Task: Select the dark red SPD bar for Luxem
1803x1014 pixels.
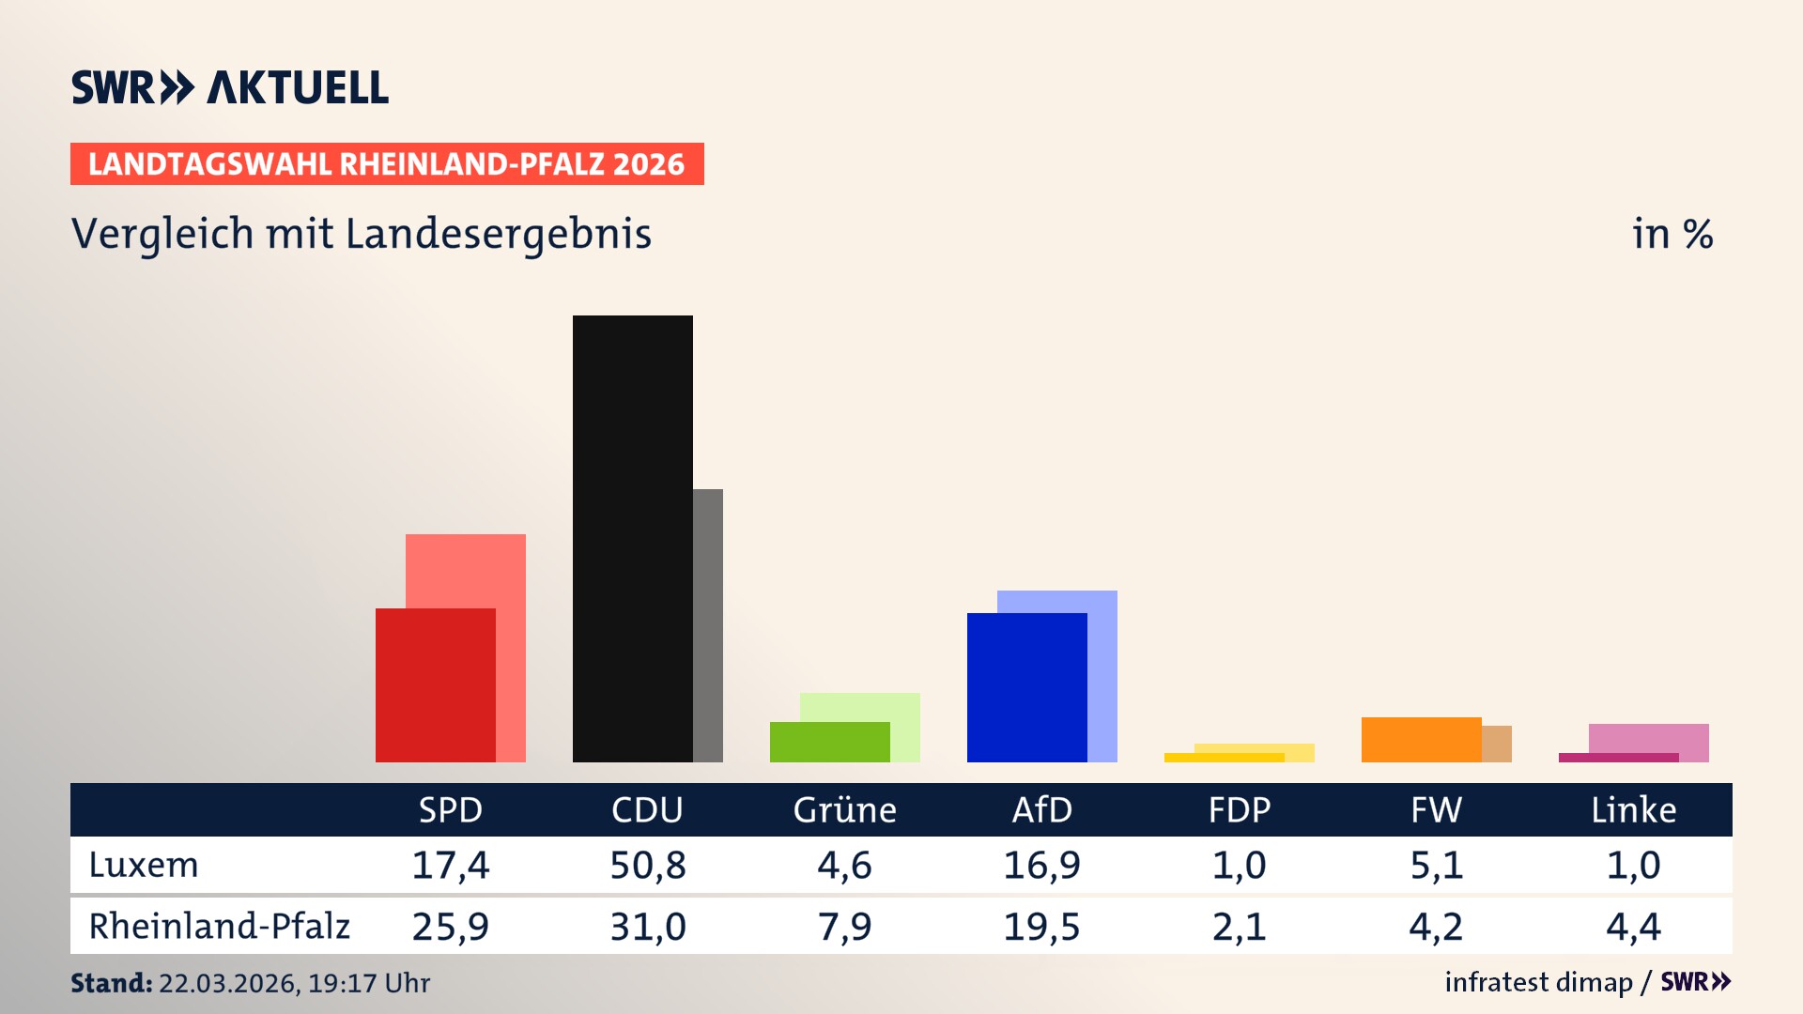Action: [x=435, y=685]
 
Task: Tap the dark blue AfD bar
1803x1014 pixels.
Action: [x=1026, y=687]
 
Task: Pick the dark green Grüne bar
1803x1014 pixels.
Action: [x=829, y=742]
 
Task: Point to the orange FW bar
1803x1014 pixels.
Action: [x=1421, y=740]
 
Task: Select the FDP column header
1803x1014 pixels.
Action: [x=1239, y=809]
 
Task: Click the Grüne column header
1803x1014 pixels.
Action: [x=844, y=809]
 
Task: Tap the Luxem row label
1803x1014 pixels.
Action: [x=144, y=865]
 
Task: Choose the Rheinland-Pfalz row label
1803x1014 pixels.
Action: [x=219, y=926]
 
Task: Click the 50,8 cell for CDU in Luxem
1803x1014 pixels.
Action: [x=647, y=865]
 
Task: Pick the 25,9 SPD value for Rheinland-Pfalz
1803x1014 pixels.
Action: [x=450, y=927]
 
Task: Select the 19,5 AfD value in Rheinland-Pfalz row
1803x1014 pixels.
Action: [x=1041, y=927]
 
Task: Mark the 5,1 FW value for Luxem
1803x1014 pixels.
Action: [x=1436, y=865]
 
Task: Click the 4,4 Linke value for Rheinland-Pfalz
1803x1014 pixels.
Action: [x=1633, y=927]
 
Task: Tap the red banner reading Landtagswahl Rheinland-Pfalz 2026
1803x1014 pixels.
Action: [x=387, y=164]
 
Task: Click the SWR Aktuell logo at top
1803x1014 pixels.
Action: [x=230, y=87]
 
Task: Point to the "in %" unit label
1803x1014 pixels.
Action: [x=1672, y=234]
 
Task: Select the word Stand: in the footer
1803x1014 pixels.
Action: [x=111, y=983]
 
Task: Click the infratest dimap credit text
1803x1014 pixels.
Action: [x=1538, y=982]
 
